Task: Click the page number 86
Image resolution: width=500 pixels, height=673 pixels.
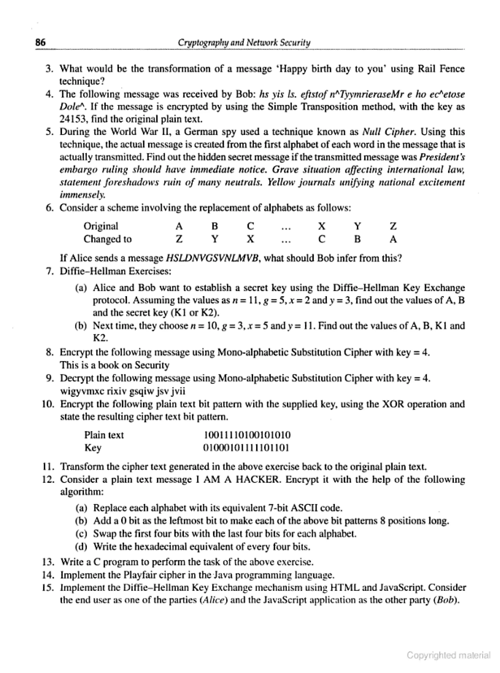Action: pos(41,42)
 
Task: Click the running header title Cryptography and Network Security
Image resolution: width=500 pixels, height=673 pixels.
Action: pos(244,43)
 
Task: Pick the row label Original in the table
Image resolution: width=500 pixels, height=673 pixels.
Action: pos(101,226)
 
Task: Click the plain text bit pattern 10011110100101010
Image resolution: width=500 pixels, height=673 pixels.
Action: pos(247,435)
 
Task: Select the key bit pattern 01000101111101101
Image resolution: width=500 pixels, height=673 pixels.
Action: pos(247,447)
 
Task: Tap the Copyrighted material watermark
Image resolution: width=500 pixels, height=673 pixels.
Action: pos(448,655)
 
